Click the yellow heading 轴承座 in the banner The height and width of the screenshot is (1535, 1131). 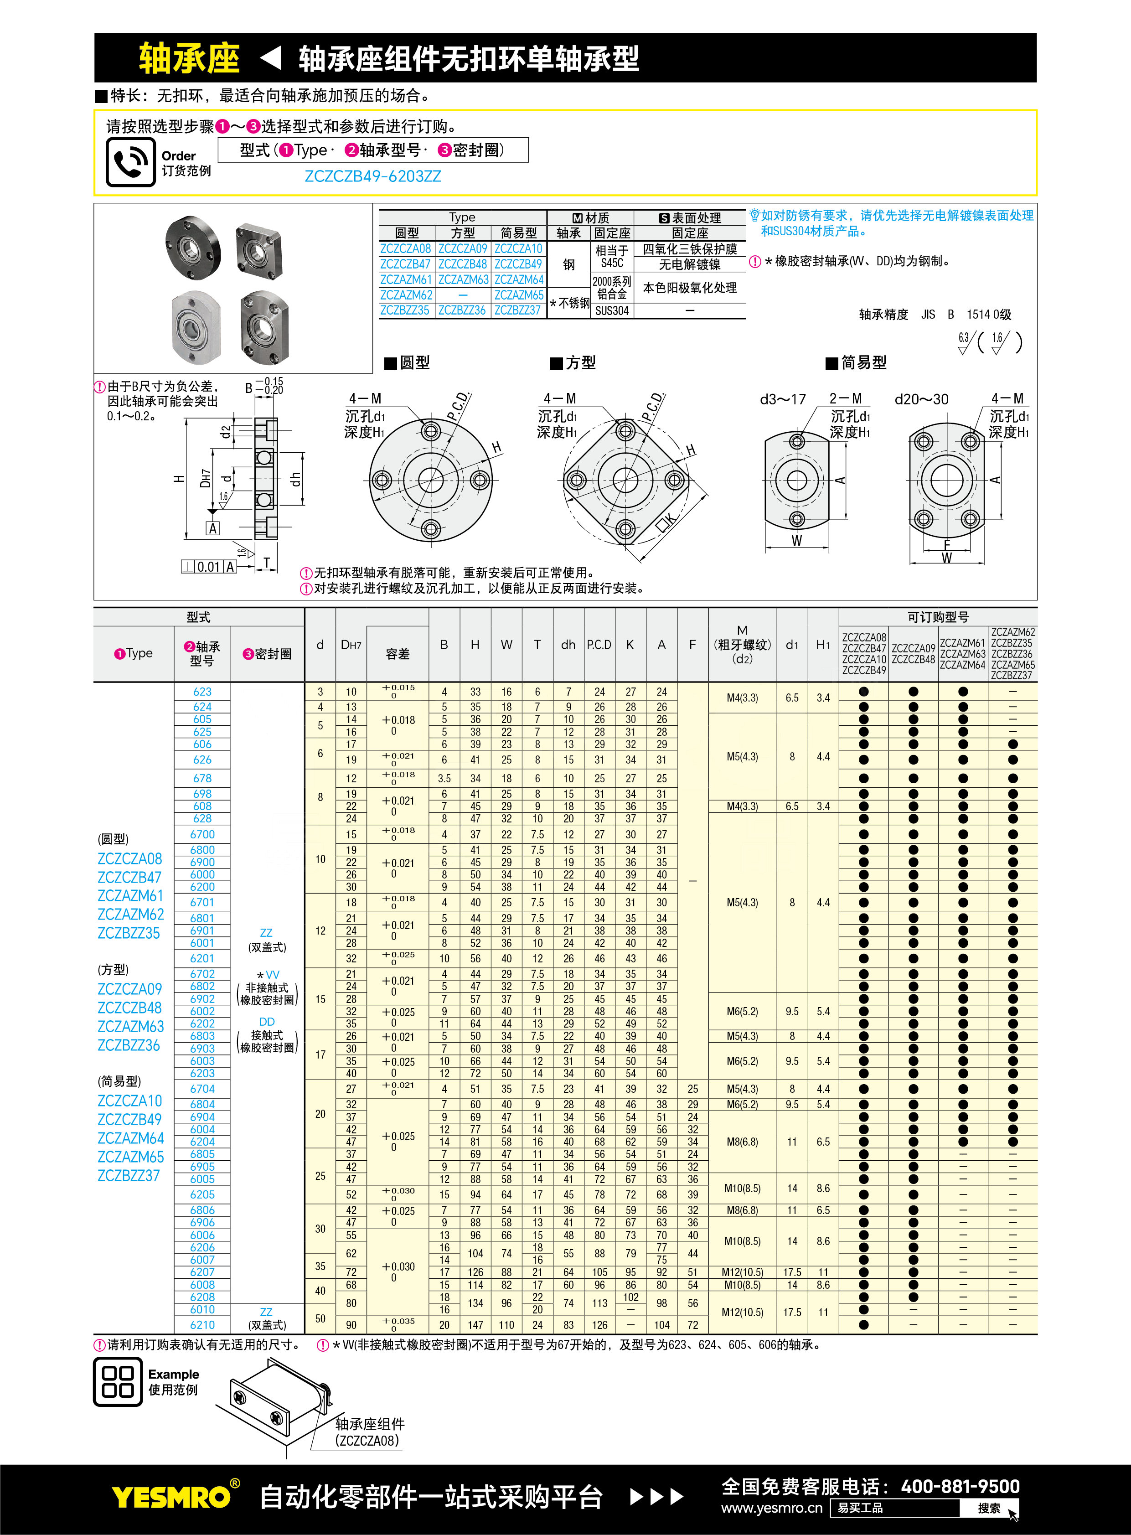(x=189, y=58)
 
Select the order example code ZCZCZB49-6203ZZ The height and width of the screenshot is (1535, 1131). (x=373, y=176)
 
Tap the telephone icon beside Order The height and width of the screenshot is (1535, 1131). (x=131, y=162)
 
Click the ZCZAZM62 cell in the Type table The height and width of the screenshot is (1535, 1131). (x=407, y=295)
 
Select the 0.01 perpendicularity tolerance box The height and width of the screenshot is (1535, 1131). (x=209, y=567)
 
